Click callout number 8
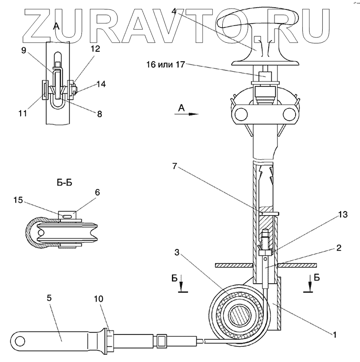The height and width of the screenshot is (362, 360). click(x=99, y=114)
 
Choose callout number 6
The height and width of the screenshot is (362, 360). click(x=98, y=192)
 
